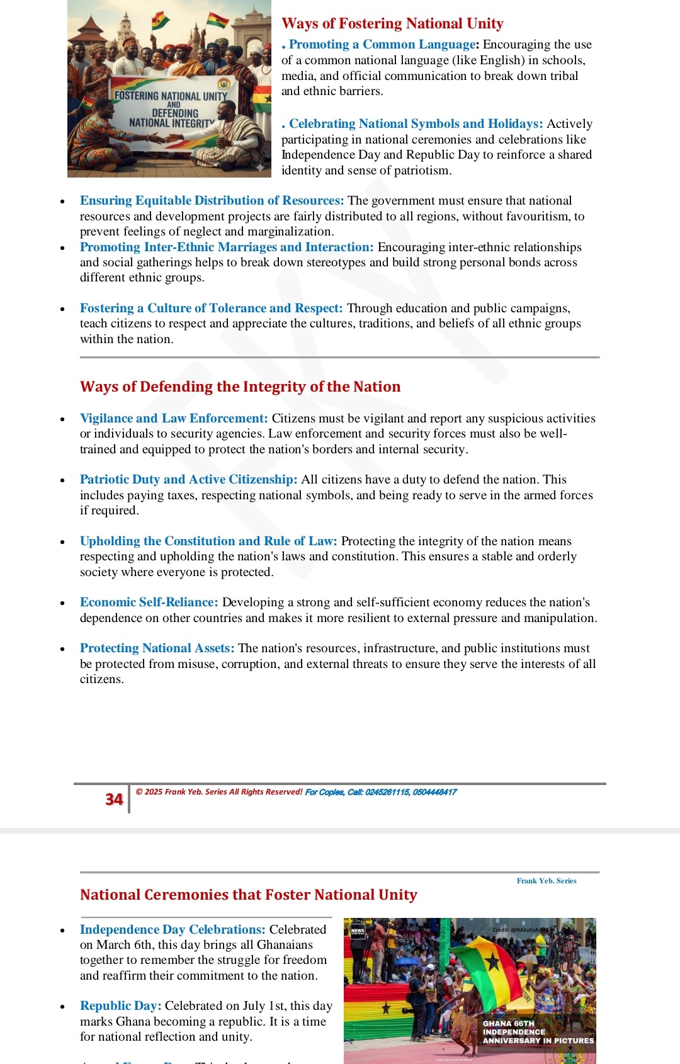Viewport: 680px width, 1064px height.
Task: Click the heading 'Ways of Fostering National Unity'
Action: [x=392, y=24]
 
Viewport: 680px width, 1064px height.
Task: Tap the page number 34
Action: [x=114, y=800]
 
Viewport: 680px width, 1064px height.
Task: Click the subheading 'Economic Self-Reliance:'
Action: [x=149, y=603]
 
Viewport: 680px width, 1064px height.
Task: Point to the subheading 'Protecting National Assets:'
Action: [x=157, y=648]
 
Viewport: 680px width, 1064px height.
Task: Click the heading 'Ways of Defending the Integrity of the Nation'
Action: [x=240, y=387]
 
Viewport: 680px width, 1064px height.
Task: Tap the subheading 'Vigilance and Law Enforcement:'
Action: [x=174, y=419]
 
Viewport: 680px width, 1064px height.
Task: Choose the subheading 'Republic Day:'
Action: [x=120, y=1006]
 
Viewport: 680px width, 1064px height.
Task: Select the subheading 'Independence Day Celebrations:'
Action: [x=173, y=930]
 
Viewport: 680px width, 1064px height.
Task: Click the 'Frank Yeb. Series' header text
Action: [x=546, y=881]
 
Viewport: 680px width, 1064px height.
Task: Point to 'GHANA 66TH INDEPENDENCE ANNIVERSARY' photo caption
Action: [x=538, y=1032]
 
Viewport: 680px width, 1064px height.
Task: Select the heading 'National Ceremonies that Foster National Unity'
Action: [x=249, y=895]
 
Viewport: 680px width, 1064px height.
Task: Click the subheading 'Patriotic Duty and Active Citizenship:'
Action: [x=188, y=480]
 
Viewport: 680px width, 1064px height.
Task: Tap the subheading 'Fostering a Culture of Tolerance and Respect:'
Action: [x=211, y=308]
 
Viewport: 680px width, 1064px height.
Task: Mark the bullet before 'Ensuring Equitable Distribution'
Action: [x=62, y=202]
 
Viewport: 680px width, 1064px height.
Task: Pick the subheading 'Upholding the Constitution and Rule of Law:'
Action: [x=208, y=541]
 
